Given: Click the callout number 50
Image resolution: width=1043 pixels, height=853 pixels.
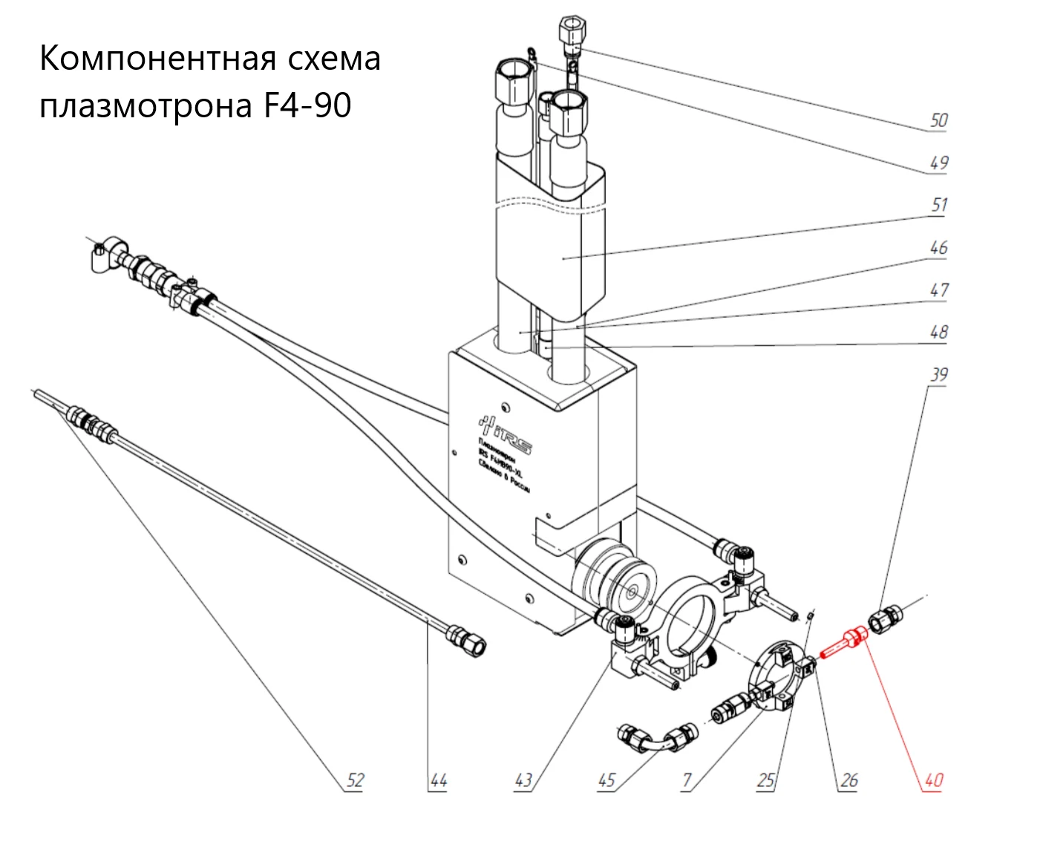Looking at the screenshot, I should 939,120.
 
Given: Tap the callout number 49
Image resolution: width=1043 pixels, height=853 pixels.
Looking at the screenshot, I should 939,163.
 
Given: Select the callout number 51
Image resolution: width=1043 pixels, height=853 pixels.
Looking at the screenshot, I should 939,205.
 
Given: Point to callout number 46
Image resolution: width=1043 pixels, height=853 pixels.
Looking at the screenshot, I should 939,247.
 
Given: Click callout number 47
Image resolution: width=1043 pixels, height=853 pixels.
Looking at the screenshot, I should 939,290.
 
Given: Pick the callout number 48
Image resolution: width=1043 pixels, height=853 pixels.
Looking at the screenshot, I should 939,332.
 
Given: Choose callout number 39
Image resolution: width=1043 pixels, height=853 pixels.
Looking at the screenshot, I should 939,374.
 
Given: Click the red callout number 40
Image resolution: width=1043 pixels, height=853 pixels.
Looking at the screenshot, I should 933,780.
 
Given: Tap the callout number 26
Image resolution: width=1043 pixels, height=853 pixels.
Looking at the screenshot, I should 849,780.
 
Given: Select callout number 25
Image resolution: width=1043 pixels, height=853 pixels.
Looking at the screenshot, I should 766,780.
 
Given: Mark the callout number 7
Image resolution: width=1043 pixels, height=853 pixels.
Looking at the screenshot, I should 687,780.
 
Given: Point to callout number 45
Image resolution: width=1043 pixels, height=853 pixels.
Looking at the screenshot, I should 606,780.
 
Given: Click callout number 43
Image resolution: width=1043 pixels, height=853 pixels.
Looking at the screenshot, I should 523,780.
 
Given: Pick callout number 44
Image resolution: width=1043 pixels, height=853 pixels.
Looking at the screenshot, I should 439,780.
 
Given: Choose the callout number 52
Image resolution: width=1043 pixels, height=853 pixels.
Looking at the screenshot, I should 356,780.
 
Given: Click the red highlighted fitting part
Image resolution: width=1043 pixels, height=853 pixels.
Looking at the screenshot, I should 845,642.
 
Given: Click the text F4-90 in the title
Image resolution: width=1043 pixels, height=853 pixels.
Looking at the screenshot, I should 307,105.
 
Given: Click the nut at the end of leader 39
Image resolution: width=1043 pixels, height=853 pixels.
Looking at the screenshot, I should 886,618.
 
